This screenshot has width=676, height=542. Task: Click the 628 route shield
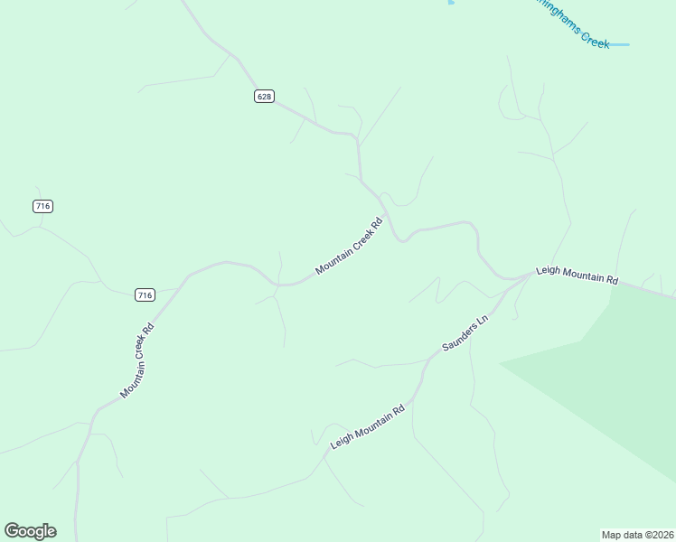263,97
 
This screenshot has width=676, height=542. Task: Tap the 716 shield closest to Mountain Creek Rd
146,294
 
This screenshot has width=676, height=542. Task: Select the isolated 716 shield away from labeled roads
42,206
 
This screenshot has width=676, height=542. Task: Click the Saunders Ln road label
465,333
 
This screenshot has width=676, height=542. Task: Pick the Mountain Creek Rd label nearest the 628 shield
350,246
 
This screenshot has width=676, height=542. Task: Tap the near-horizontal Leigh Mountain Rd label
577,275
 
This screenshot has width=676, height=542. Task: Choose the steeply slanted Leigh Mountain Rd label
367,427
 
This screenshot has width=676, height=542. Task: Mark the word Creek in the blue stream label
592,39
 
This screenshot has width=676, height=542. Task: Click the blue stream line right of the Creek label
620,44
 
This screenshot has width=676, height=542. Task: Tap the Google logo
30,531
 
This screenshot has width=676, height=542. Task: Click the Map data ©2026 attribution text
637,534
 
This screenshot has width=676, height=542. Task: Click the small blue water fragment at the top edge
450,3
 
